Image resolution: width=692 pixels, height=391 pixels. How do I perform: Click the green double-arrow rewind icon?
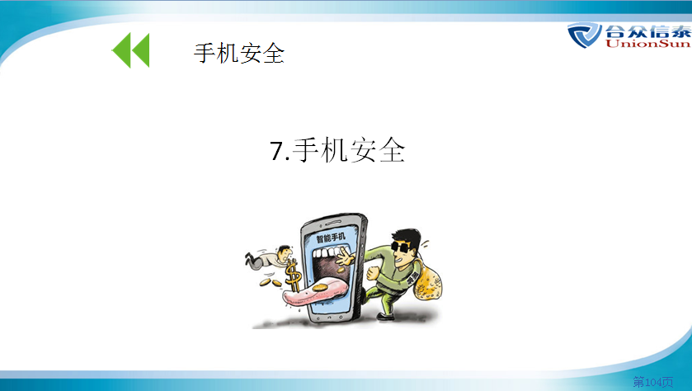[x=131, y=49]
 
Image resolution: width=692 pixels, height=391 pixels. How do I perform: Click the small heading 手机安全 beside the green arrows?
[x=239, y=54]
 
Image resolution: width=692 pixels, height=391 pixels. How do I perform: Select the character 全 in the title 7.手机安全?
[x=392, y=150]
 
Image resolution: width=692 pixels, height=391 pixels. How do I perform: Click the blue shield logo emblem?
[x=584, y=35]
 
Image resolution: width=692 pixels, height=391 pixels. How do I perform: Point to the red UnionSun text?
[x=647, y=43]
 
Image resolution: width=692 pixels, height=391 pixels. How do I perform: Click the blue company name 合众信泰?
[x=647, y=31]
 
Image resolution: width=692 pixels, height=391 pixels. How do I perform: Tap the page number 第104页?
[x=653, y=381]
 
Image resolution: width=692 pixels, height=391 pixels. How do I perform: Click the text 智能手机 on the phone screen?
[x=331, y=238]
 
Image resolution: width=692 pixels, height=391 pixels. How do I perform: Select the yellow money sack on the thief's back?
[x=427, y=281]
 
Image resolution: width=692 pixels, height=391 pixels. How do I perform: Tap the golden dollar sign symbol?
[x=293, y=276]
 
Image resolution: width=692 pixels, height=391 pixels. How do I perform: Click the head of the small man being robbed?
[x=285, y=252]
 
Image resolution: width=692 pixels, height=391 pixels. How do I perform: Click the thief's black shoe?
[x=386, y=316]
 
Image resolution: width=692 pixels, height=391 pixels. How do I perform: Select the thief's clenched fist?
[x=374, y=273]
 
